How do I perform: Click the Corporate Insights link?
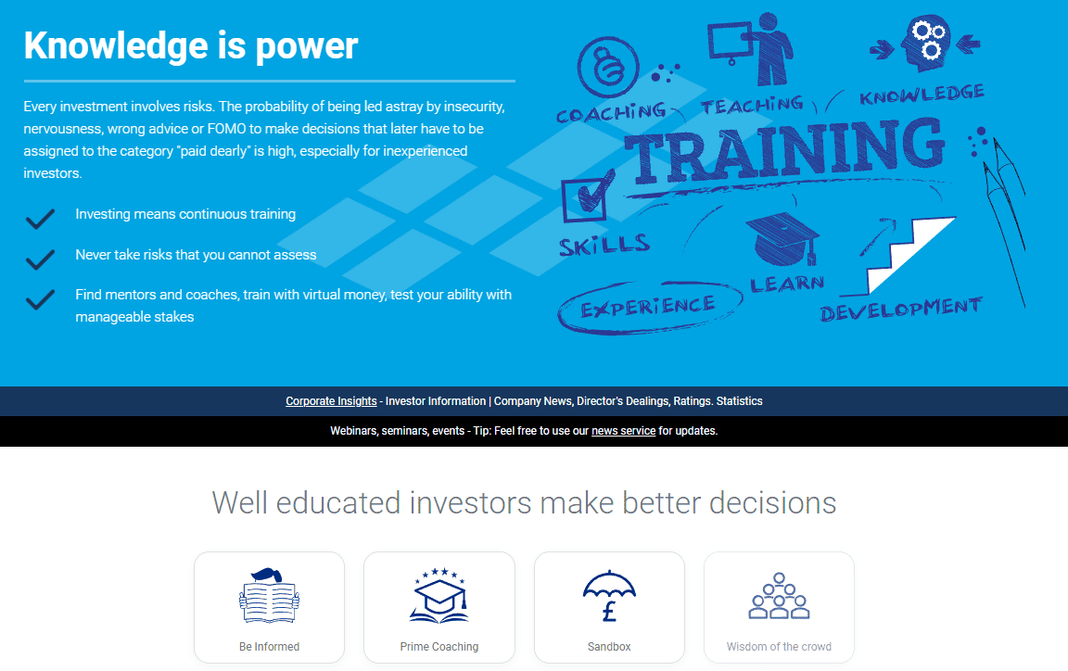331,401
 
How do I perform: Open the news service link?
623,431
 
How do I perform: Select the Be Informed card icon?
269,594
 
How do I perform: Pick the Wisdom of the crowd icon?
779,596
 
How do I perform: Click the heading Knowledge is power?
191,44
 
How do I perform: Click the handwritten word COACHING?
611,113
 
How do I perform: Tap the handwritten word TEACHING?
752,105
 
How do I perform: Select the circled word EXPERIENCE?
648,307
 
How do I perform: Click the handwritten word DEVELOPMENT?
900,309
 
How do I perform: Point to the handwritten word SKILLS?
604,246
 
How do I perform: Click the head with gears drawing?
922,43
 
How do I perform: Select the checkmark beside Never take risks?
40,257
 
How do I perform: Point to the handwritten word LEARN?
787,283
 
